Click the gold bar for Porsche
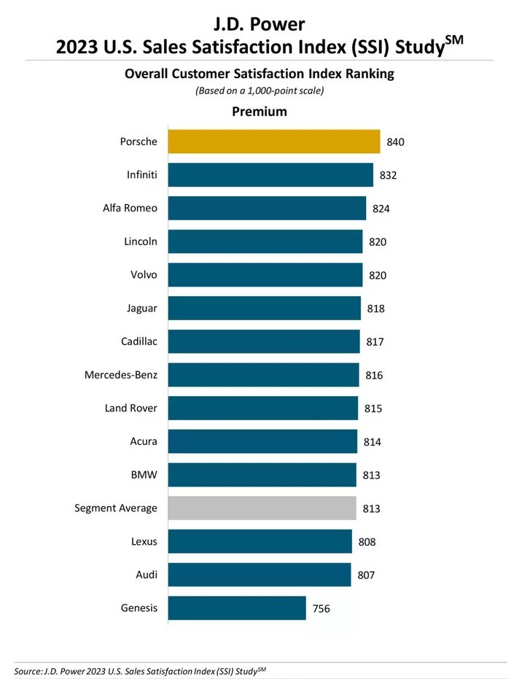click(273, 141)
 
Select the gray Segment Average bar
click(262, 508)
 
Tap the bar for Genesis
click(236, 608)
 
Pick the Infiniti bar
click(270, 175)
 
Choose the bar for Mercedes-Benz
click(263, 375)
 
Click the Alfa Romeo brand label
click(130, 209)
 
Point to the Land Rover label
click(130, 408)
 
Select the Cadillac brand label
click(139, 341)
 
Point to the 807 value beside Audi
click(366, 575)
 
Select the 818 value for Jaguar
click(375, 309)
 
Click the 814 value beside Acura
click(372, 442)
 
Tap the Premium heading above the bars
click(259, 112)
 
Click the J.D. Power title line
click(259, 27)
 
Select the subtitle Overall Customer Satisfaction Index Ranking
click(259, 74)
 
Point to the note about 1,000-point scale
click(259, 91)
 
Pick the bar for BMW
click(262, 475)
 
